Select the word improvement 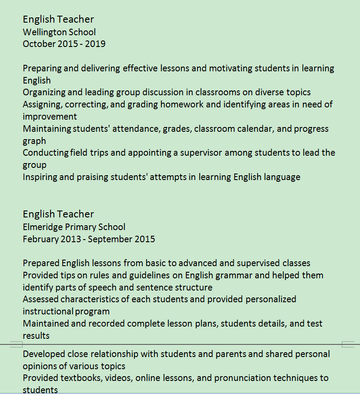pos(50,117)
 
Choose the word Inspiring pos(40,177)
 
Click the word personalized pos(271,299)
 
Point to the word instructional pos(48,311)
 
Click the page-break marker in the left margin pos(16,345)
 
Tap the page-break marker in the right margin pos(348,345)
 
